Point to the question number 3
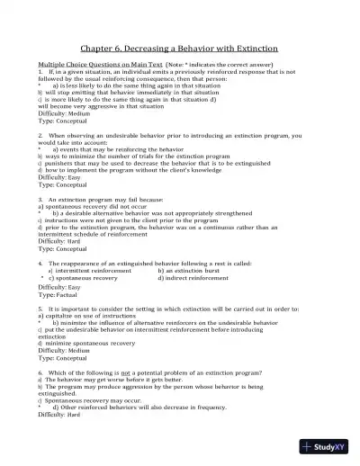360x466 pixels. (x=40, y=199)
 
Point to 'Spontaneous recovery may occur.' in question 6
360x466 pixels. (x=90, y=399)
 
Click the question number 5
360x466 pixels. (x=40, y=308)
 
